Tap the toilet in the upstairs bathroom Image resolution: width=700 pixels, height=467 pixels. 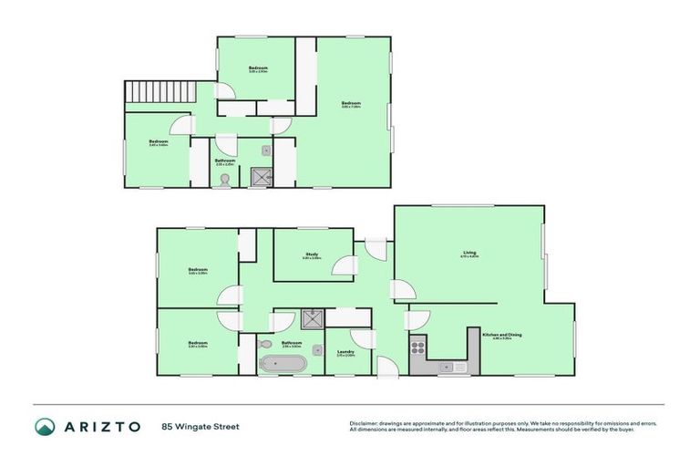tap(225, 181)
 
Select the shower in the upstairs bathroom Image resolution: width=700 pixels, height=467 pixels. tap(262, 177)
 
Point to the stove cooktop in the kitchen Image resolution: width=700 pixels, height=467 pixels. tap(418, 348)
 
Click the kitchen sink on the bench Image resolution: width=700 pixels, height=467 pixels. tap(448, 367)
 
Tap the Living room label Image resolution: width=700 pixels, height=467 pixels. tap(469, 253)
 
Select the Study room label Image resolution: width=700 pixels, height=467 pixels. tap(312, 254)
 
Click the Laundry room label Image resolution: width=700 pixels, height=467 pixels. tap(345, 352)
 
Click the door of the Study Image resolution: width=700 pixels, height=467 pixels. tap(345, 266)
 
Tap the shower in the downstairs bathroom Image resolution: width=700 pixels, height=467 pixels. tap(312, 318)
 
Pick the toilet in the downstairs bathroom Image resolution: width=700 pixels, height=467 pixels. tap(264, 345)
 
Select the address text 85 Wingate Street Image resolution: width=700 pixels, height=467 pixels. tap(200, 426)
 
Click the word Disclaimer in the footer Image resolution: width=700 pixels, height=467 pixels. tap(365, 422)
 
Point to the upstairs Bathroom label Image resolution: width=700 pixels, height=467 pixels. tap(224, 161)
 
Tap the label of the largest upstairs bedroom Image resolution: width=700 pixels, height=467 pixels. tap(351, 103)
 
